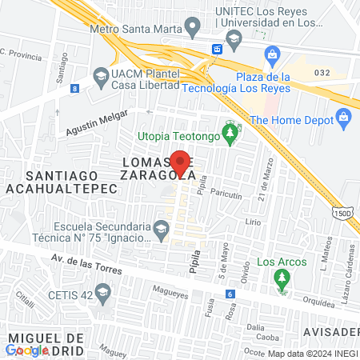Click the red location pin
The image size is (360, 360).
point(181,163)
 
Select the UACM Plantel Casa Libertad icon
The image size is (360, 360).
point(101,77)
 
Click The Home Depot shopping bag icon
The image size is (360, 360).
point(345,120)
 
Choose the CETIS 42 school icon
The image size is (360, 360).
point(102,294)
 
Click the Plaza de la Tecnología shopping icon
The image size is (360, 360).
point(272,55)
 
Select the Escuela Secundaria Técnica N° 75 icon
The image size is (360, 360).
point(161,230)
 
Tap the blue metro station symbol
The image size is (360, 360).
point(216,50)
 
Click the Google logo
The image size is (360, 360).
point(27,350)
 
